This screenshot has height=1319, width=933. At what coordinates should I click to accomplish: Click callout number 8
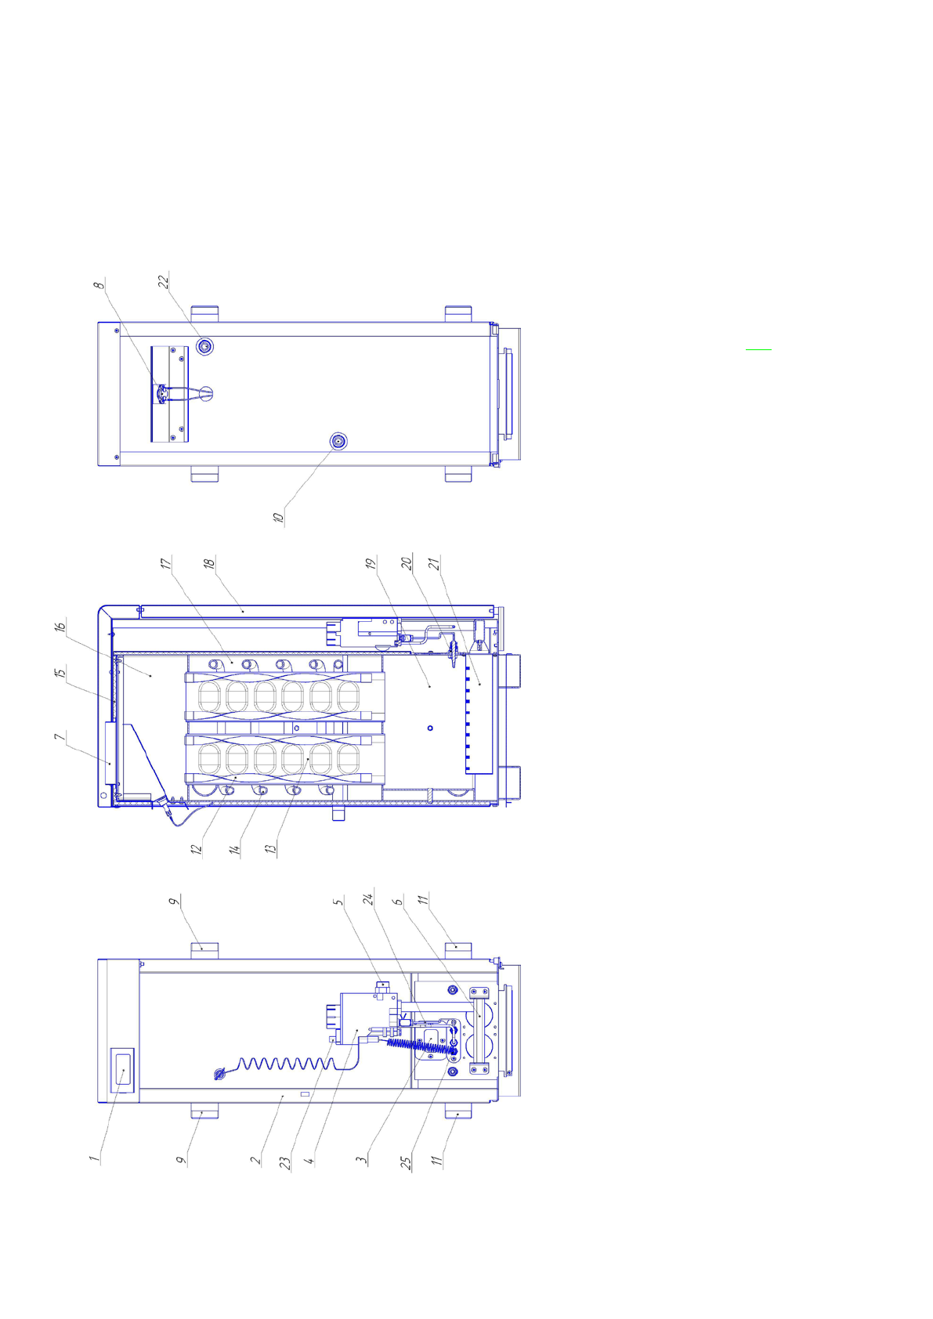tap(99, 285)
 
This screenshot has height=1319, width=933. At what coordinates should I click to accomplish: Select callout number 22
tap(165, 281)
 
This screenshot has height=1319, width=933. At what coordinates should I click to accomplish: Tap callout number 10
tap(279, 517)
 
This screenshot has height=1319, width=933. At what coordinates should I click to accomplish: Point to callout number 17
tap(166, 563)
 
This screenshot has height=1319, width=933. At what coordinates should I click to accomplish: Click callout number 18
tap(209, 563)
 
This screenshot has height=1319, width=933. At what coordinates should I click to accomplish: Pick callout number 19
tap(371, 563)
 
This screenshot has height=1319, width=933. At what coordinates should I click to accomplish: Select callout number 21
tap(434, 563)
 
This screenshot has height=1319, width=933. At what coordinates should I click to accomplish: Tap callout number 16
tap(60, 627)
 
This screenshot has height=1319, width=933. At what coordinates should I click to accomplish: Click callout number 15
tap(60, 672)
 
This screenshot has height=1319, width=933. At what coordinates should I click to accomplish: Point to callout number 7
tap(60, 736)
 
